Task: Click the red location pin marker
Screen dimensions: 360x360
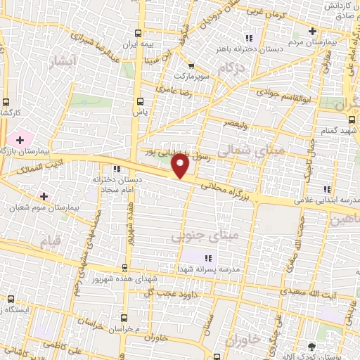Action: [181, 165]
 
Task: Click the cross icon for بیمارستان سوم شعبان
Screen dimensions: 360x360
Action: [44, 195]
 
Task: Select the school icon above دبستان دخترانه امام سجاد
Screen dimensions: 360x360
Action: [117, 169]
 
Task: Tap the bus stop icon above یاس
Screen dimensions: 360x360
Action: [139, 100]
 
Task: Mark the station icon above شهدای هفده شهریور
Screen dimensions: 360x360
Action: [124, 268]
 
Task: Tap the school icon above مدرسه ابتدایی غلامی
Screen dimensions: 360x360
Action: [326, 189]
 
